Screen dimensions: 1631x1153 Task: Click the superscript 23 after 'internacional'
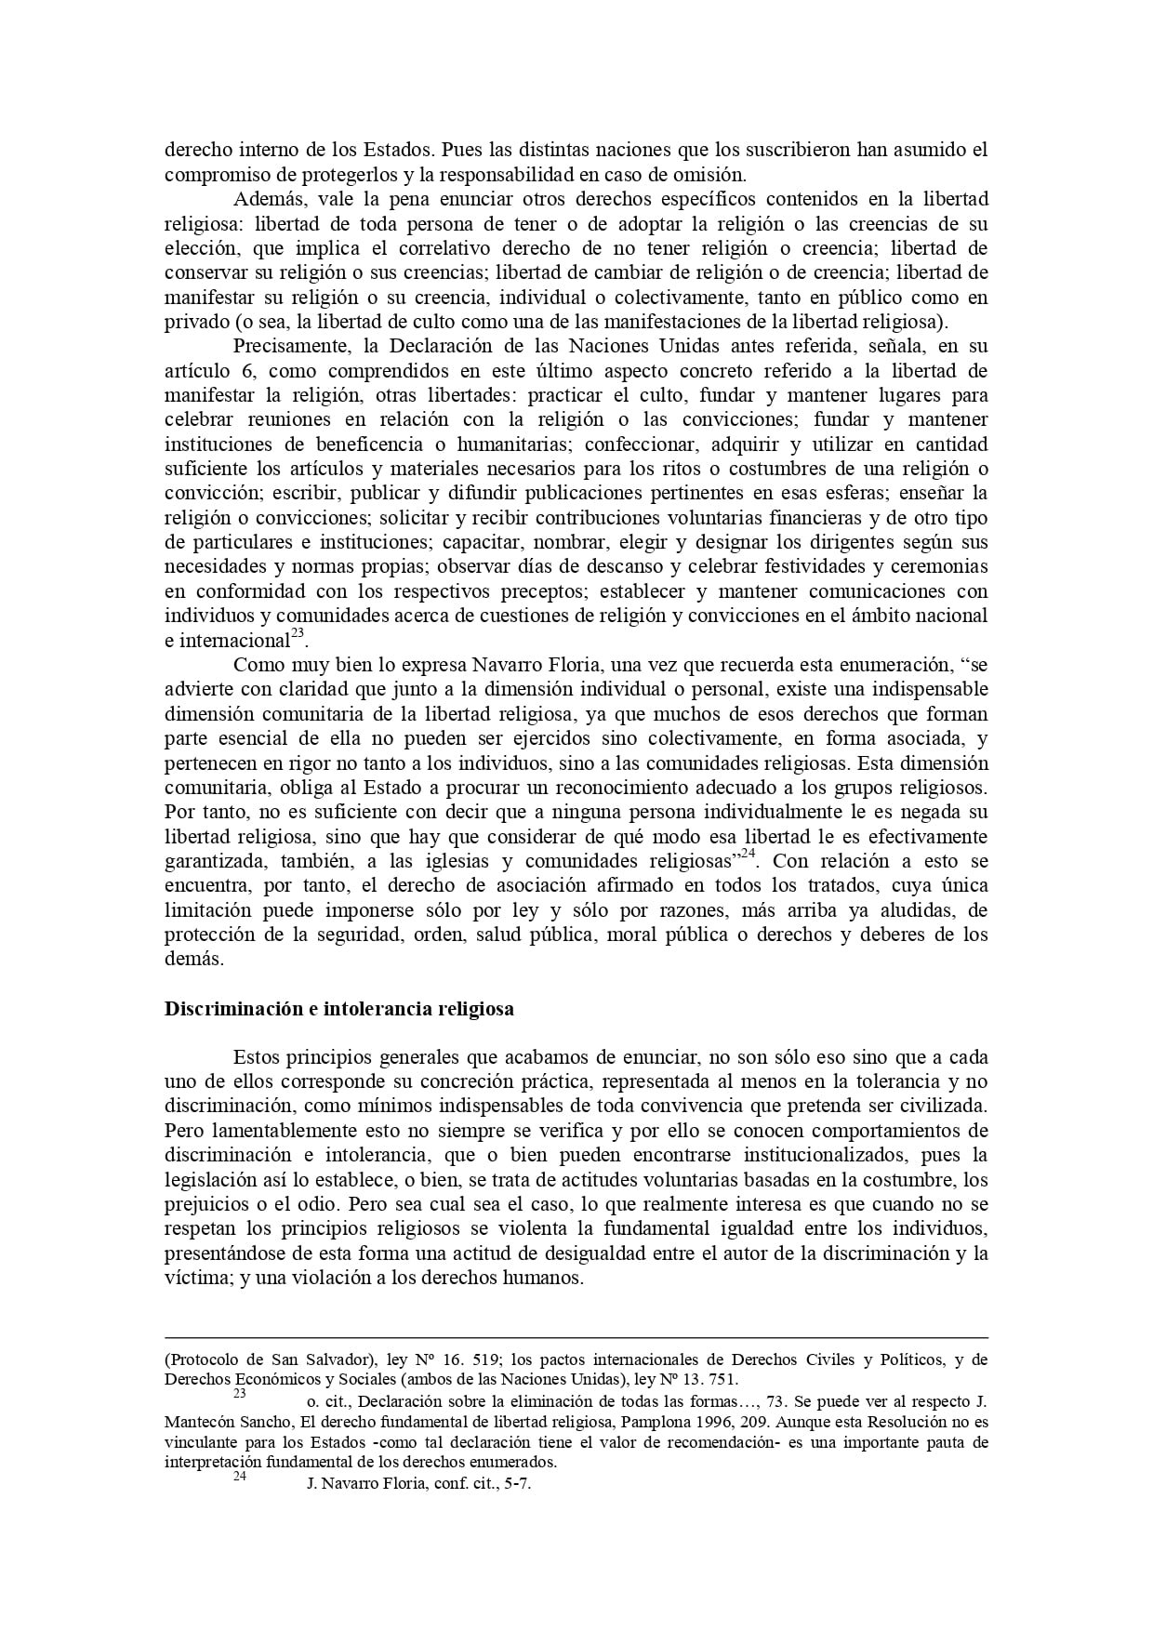(x=298, y=635)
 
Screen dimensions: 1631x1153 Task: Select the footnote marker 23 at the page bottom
(x=239, y=1394)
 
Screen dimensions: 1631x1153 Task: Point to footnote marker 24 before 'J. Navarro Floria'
(x=239, y=1475)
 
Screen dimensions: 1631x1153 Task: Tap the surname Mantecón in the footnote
(x=200, y=1422)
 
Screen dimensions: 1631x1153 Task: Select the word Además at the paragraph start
(x=269, y=199)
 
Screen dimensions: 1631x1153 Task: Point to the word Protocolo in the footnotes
(x=205, y=1359)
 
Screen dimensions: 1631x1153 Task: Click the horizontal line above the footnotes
(x=576, y=1337)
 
